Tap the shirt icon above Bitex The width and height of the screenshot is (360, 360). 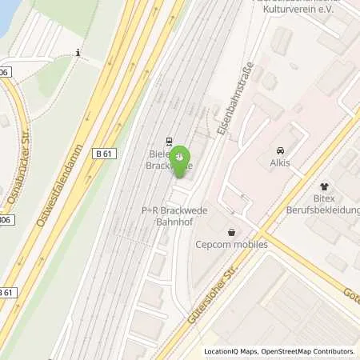(323, 186)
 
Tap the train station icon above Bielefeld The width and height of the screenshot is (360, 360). (169, 138)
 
